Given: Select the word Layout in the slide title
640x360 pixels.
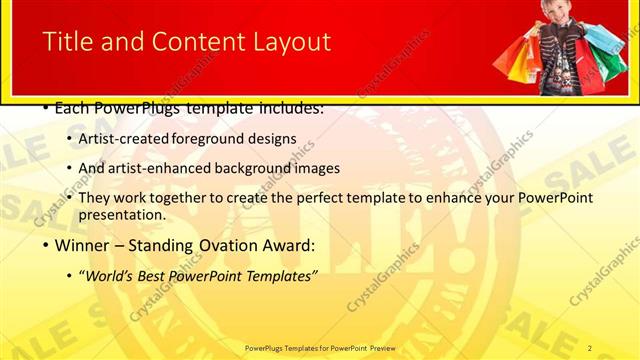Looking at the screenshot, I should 290,42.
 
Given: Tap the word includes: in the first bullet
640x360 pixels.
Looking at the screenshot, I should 288,108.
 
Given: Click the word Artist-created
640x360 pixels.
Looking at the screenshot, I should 124,138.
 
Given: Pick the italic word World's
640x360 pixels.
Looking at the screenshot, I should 109,275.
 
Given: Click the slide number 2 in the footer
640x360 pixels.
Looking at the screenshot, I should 590,347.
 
